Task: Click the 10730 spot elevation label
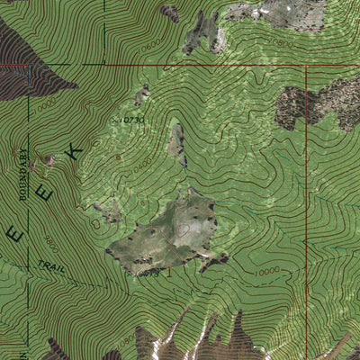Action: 132,119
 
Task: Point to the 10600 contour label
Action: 152,42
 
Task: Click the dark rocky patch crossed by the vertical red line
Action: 310,103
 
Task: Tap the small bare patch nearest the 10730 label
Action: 141,94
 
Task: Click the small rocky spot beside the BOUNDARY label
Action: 47,160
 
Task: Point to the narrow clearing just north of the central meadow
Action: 177,144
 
